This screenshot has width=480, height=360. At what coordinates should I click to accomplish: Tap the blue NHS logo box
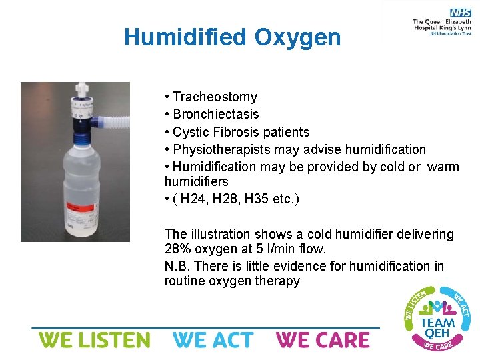pos(460,13)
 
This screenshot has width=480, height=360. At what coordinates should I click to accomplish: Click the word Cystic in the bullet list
pos(191,132)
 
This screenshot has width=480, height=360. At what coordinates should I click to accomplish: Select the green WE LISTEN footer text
pos(94,340)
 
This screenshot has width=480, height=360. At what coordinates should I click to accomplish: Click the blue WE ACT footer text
pos(213,340)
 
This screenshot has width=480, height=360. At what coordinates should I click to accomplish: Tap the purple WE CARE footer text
pos(323,340)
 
